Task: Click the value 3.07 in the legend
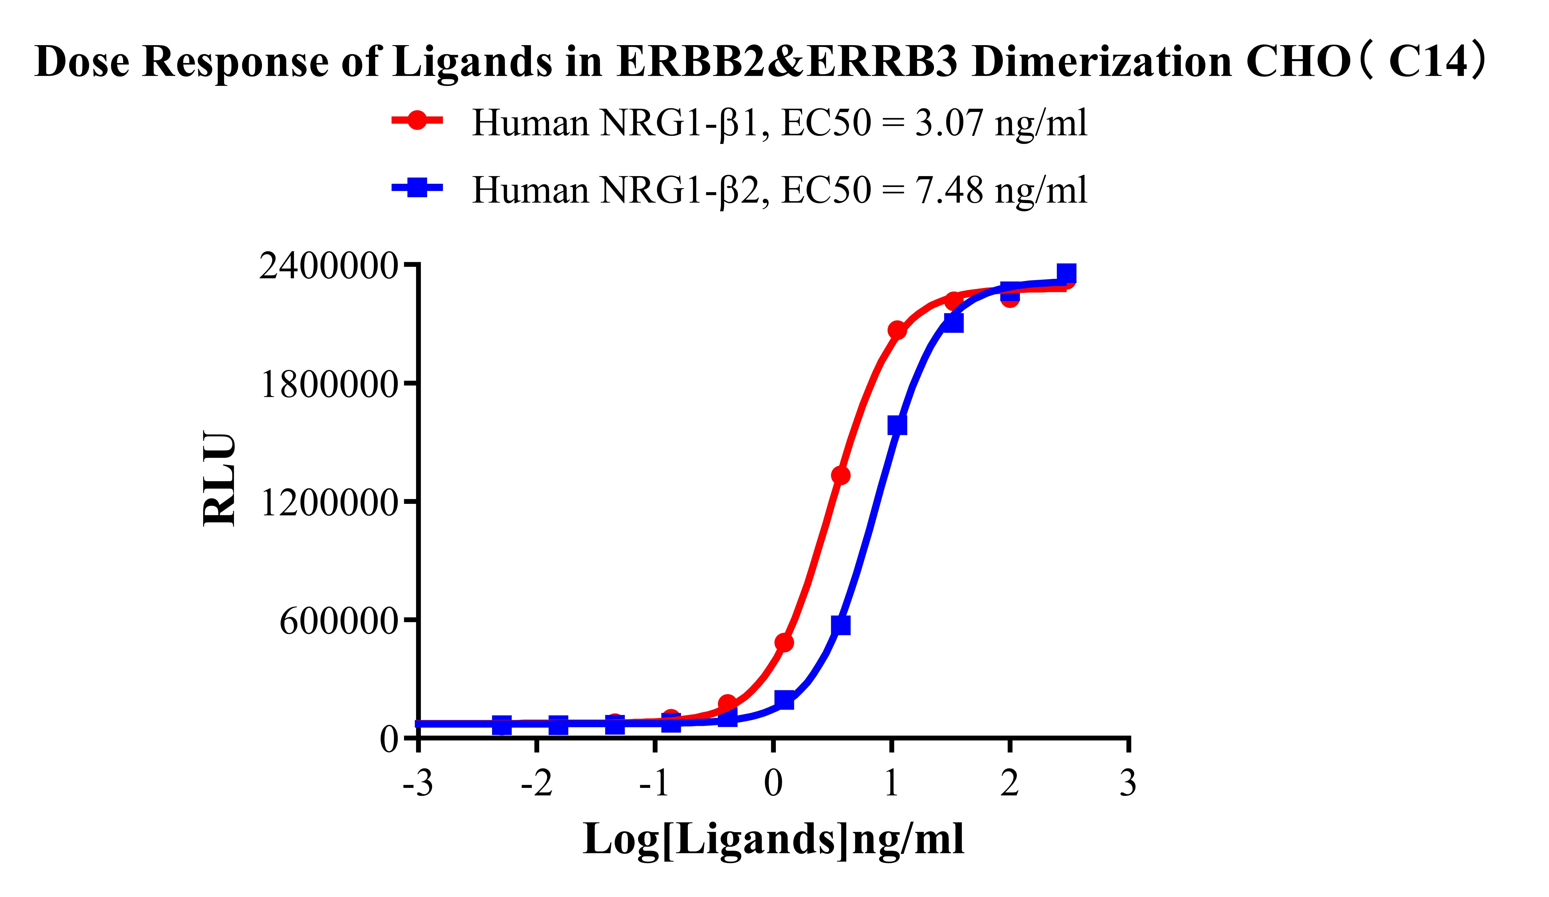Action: coord(950,123)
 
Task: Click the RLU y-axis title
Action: coord(219,479)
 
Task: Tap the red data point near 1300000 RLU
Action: coord(840,475)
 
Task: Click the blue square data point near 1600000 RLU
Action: coord(897,425)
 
